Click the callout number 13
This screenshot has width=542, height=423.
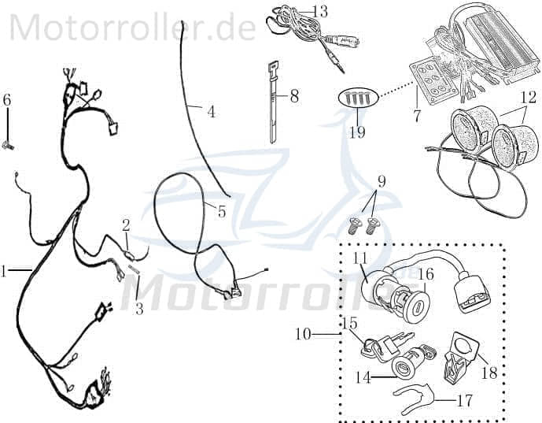pyautogui.click(x=320, y=12)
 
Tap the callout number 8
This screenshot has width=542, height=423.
pyautogui.click(x=294, y=96)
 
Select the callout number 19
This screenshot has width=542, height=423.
pyautogui.click(x=357, y=132)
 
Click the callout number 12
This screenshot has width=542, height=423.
pyautogui.click(x=529, y=98)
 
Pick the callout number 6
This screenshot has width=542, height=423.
pyautogui.click(x=7, y=100)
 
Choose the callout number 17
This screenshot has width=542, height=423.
pyautogui.click(x=465, y=401)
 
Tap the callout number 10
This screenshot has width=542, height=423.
pyautogui.click(x=303, y=335)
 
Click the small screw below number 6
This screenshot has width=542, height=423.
pyautogui.click(x=7, y=147)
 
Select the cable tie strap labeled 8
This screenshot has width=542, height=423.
pyautogui.click(x=274, y=104)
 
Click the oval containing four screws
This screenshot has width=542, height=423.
pyautogui.click(x=359, y=98)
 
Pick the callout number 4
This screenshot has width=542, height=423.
pyautogui.click(x=211, y=112)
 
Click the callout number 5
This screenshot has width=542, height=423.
pyautogui.click(x=222, y=211)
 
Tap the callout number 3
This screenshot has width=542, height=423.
pyautogui.click(x=139, y=309)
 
